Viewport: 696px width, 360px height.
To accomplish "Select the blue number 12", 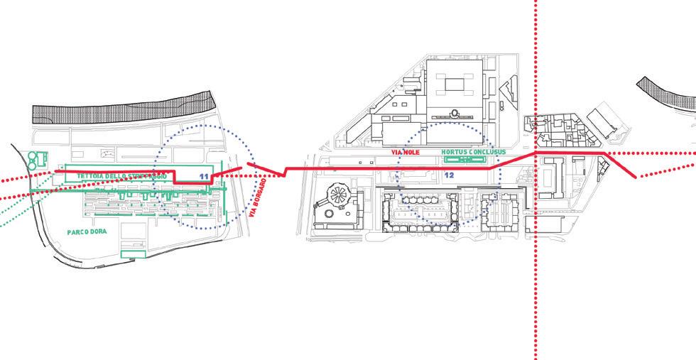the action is (448, 175).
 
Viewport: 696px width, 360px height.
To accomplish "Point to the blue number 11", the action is (204, 175).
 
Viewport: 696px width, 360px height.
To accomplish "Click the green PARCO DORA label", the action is (88, 232).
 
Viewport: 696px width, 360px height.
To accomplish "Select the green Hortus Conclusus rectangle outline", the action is (464, 160).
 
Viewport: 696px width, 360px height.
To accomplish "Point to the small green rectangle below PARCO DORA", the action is (133, 252).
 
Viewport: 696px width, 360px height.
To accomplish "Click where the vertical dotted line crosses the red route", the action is (535, 153).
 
